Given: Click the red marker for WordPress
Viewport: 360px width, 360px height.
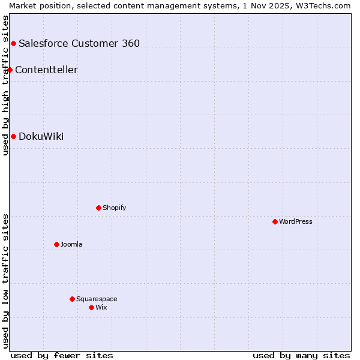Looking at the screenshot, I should [x=275, y=221].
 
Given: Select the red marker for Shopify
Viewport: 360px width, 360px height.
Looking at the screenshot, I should [x=98, y=208].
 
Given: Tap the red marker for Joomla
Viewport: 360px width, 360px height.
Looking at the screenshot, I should [x=56, y=244].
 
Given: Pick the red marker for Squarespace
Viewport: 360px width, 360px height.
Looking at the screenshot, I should [x=72, y=299].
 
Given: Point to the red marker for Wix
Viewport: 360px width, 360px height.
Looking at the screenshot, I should [x=91, y=307].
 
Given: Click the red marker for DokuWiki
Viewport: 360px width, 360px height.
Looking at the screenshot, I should [x=13, y=136].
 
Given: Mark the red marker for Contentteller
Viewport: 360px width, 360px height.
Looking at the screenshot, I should [x=10, y=70].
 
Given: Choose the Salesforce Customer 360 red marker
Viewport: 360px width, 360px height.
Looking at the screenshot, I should [x=13, y=43].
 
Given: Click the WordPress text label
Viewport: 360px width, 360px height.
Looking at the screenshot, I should [x=296, y=221].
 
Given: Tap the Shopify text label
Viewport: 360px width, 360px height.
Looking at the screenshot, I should [x=115, y=208].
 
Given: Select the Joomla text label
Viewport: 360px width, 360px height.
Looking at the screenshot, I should [x=71, y=244].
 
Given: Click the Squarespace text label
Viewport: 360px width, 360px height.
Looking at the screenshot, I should [x=97, y=299].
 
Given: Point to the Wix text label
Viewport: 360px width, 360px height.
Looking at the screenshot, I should [x=101, y=307].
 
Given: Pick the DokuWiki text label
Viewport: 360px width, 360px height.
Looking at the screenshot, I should [x=41, y=136].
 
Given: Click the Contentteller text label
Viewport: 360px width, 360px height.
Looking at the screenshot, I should [x=46, y=70].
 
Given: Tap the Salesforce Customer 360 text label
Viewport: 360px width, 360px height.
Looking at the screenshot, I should [x=79, y=43].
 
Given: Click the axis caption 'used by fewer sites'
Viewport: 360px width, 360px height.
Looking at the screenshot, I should [x=62, y=355].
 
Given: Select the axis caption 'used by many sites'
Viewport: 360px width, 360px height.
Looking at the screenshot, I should [x=301, y=355].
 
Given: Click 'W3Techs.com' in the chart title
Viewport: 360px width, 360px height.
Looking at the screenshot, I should [x=326, y=5].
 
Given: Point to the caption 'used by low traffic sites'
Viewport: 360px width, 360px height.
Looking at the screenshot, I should [x=5, y=281].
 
